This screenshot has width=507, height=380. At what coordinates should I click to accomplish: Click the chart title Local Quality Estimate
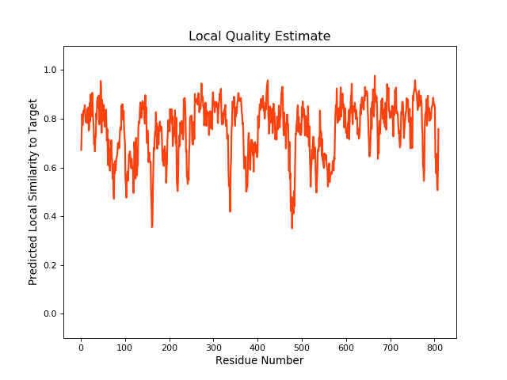pos(259,36)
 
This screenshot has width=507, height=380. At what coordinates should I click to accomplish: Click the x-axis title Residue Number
pos(259,361)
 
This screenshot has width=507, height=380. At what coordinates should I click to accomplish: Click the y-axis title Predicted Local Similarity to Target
pos(33,192)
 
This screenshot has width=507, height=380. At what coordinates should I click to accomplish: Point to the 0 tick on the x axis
pos(81,347)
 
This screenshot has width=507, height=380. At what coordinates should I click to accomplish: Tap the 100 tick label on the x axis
pos(125,347)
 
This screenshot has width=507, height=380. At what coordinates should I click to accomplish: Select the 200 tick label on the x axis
pos(170,347)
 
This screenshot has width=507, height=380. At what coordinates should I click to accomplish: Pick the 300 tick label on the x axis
pos(213,347)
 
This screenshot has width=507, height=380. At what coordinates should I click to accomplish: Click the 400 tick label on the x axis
pos(257,347)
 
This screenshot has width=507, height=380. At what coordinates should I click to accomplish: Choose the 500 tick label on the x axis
pos(302,347)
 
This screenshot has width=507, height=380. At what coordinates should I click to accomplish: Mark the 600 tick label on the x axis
pos(346,347)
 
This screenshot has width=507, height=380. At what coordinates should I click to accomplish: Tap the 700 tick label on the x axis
pos(390,347)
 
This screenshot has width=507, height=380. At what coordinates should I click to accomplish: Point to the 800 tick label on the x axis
pos(434,347)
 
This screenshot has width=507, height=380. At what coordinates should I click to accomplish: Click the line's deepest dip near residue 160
pos(152,227)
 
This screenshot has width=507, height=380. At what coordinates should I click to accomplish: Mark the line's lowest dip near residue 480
pos(292,228)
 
